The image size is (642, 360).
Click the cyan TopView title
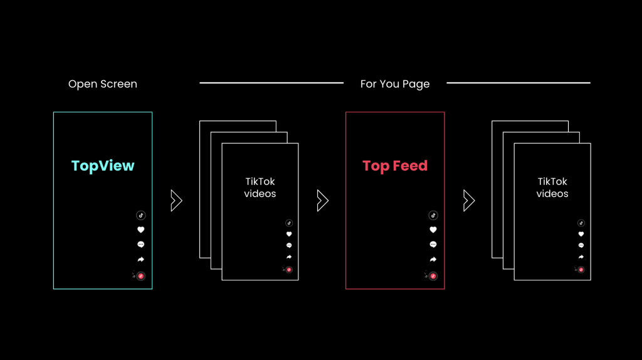103,166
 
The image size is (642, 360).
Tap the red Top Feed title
395,166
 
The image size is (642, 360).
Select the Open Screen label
103,84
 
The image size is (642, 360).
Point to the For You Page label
395,84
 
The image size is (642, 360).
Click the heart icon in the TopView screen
141,230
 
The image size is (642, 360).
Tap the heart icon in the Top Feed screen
433,230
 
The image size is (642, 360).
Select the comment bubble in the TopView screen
141,245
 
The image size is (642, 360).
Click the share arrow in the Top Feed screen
433,259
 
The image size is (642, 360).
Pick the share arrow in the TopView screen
141,259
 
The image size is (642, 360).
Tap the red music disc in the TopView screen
141,276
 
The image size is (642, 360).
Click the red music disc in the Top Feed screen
433,276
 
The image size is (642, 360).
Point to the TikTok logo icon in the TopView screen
141,215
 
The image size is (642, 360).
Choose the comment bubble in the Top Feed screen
433,245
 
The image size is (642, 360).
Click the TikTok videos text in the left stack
260,188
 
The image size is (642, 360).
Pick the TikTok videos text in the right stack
552,188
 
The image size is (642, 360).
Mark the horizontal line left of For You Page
271,83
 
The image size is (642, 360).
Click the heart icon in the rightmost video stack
581,235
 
